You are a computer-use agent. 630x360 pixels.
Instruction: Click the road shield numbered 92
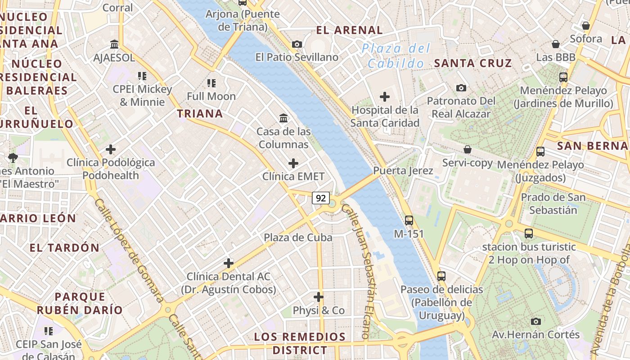tap(321, 198)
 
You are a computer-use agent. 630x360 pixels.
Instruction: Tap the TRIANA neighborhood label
tap(200, 113)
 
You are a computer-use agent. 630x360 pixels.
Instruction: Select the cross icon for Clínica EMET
tap(293, 163)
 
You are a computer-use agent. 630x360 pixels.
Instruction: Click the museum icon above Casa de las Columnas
tap(284, 118)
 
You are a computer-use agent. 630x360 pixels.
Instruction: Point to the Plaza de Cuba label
tap(298, 238)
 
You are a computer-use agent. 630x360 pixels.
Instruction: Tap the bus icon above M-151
tap(409, 220)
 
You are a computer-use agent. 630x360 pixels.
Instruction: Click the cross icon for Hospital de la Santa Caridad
tap(385, 97)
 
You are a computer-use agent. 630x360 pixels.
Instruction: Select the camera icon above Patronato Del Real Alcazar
tap(461, 88)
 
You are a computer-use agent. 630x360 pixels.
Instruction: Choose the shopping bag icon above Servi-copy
tap(468, 149)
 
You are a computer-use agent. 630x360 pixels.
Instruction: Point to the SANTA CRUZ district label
tap(473, 63)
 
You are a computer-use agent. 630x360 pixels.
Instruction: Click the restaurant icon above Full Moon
tap(211, 83)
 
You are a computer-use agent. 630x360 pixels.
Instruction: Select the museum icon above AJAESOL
tap(114, 44)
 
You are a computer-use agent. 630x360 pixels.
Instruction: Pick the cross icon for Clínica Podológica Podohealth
tap(111, 149)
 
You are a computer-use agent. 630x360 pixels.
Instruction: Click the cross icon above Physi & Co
tap(319, 297)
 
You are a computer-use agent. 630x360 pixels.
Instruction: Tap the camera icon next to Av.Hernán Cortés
tap(535, 321)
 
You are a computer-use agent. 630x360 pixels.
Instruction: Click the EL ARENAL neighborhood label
tap(349, 30)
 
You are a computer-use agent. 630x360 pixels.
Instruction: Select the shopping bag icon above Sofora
tap(586, 26)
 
